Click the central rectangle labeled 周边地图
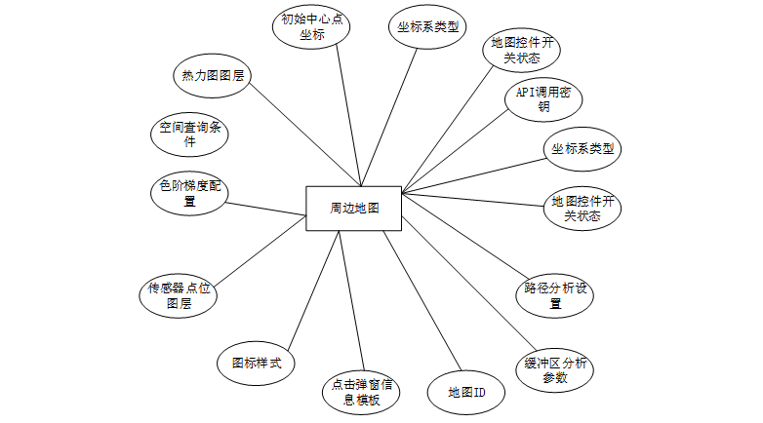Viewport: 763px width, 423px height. tap(354, 209)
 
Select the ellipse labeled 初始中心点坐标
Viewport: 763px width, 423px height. tap(311, 26)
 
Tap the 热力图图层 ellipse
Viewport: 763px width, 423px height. tap(213, 75)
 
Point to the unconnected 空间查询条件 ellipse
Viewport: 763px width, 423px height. tap(189, 135)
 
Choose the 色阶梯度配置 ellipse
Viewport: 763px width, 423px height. tap(189, 193)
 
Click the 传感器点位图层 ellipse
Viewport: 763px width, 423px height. tap(179, 295)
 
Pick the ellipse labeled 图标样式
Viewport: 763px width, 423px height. tap(256, 363)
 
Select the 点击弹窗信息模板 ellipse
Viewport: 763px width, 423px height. tap(361, 393)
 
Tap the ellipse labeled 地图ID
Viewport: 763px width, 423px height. tap(466, 393)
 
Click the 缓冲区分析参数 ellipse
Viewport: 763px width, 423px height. tap(555, 370)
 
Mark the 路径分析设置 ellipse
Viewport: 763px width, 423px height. tap(555, 295)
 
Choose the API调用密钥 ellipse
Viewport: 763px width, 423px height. tap(543, 99)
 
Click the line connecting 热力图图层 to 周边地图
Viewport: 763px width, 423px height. tap(305, 135)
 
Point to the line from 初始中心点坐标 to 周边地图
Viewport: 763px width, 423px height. tap(349, 115)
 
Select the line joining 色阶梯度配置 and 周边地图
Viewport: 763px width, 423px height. tap(265, 209)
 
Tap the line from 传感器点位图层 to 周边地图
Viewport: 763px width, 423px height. tap(261, 250)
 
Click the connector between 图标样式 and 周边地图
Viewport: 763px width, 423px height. tap(313, 290)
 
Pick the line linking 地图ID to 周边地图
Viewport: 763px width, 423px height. tap(422, 301)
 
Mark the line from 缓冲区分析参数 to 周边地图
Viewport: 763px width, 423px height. tap(469, 283)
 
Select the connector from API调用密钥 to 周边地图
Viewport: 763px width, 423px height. tap(455, 151)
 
